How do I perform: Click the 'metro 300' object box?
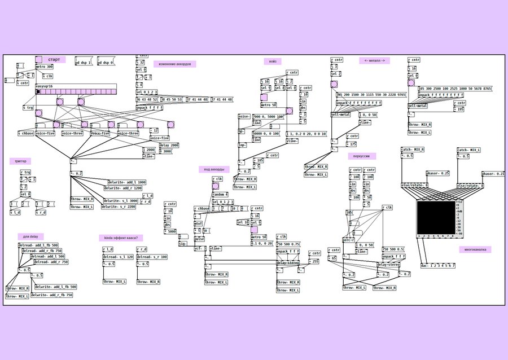45,67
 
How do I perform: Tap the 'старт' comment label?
54,59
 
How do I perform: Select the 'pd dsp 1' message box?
84,63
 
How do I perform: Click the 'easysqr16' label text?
43,86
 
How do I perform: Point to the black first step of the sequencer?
38,91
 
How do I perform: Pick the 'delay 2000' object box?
169,145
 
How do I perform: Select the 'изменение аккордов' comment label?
174,64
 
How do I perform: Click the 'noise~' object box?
244,116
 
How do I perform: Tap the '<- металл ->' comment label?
374,60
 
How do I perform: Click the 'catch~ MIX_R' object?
413,150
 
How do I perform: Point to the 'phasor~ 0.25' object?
437,173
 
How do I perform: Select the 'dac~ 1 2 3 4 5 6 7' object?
438,265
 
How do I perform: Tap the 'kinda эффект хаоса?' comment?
121,238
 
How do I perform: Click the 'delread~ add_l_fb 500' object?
39,245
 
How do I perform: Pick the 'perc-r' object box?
349,240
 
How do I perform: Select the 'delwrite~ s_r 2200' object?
119,207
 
